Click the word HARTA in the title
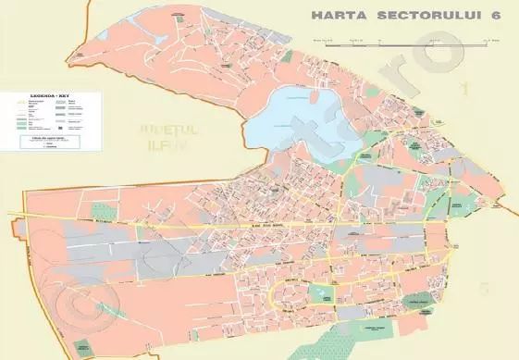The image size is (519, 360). pos(338,15)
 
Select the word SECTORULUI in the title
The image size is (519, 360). pos(428,15)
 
